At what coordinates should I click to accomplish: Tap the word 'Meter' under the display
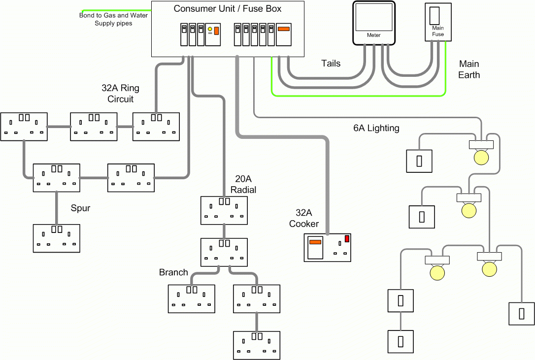[x=374, y=35]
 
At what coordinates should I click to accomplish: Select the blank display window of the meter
[x=374, y=18]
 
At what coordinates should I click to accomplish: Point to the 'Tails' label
[x=331, y=64]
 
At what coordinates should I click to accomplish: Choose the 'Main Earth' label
[x=468, y=69]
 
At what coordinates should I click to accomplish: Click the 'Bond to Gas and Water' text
[x=113, y=15]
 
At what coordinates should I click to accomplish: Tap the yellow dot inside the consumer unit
[x=210, y=30]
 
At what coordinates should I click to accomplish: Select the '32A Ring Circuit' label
[x=120, y=94]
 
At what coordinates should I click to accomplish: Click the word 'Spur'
[x=80, y=208]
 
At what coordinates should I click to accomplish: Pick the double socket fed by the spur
[x=56, y=238]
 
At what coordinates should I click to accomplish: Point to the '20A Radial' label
[x=243, y=185]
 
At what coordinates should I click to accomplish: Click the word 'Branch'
[x=173, y=272]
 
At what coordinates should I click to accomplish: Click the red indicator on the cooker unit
[x=347, y=239]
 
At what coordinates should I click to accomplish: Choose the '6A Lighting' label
[x=376, y=128]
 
